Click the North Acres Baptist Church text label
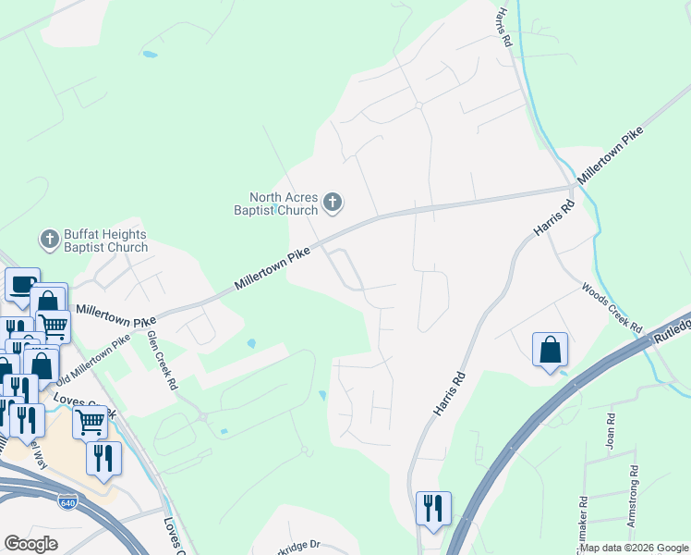click(x=284, y=203)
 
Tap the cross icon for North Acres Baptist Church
click(x=334, y=201)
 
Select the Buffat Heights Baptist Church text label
click(x=105, y=240)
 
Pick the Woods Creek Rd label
click(x=612, y=308)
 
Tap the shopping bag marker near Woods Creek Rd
click(x=550, y=350)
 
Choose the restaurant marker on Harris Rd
click(x=432, y=508)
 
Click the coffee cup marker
click(x=22, y=284)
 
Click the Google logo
click(x=30, y=544)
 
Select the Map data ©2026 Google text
click(x=634, y=549)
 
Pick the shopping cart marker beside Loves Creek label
click(x=90, y=421)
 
